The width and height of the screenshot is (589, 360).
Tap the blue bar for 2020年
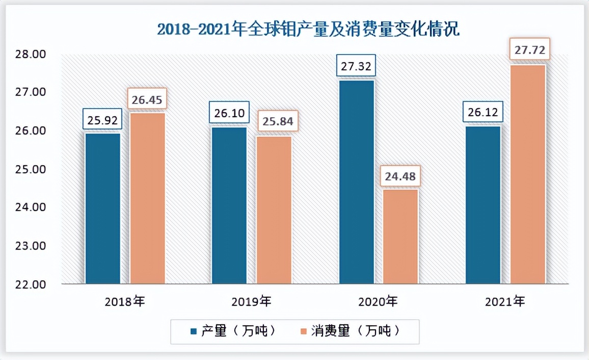(357, 181)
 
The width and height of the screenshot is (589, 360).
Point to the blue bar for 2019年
(229, 205)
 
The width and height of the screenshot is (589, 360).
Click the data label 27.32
(356, 66)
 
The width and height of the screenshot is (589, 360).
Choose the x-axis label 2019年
(251, 301)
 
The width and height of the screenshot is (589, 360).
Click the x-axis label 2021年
(505, 301)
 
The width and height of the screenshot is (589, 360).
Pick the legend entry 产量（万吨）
(234, 331)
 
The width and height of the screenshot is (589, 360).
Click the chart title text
(308, 30)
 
